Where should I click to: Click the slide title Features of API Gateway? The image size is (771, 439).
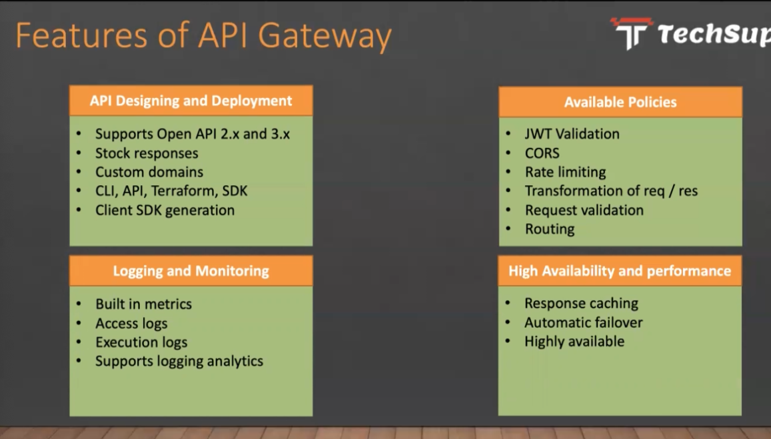[203, 35]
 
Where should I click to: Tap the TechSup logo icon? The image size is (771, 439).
[632, 33]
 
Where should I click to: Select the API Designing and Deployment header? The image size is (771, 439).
[191, 101]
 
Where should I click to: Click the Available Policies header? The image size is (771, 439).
[620, 102]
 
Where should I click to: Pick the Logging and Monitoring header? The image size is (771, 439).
[191, 271]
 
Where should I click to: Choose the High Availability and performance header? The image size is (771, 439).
[620, 271]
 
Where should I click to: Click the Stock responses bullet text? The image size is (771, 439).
[147, 153]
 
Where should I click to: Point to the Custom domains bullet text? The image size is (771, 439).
[149, 172]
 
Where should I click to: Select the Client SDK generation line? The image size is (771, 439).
[165, 211]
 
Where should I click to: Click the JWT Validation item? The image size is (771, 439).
[572, 134]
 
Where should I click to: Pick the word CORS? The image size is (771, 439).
[542, 153]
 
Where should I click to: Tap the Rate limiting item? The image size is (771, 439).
[566, 172]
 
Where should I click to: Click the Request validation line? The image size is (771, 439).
[584, 211]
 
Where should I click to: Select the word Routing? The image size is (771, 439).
[550, 229]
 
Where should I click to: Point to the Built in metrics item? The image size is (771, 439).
[143, 304]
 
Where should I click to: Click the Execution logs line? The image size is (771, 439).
[141, 342]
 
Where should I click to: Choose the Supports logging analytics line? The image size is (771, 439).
[179, 361]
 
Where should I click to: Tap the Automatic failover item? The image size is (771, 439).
[584, 322]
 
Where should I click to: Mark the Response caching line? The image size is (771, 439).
[581, 303]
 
